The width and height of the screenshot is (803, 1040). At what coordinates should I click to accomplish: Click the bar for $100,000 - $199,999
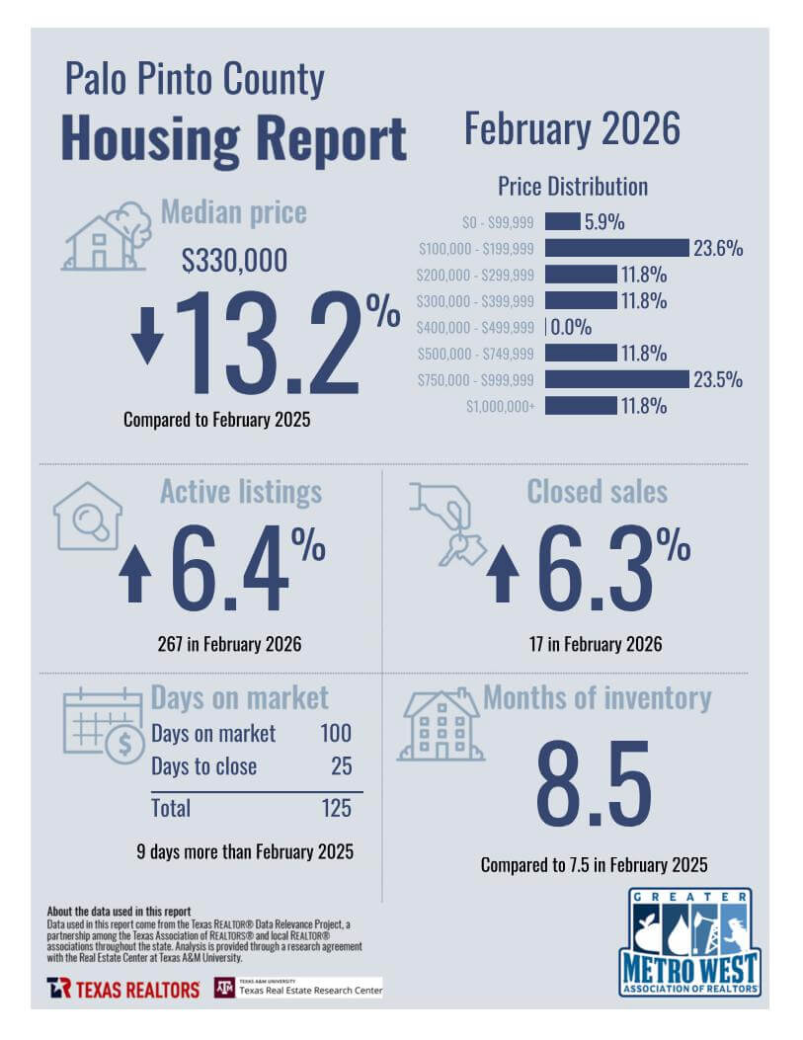pos(616,248)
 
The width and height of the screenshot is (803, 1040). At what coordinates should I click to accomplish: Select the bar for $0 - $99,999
pos(562,221)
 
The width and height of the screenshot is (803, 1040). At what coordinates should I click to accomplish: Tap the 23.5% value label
pos(717,379)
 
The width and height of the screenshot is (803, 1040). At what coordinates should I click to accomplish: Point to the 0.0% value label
pos(570,327)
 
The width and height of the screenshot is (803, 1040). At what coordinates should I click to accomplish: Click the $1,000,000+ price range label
pos(500,406)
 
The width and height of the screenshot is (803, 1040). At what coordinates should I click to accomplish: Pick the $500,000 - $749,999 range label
pos(475,354)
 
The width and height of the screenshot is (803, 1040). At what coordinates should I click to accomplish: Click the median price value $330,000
pos(234,260)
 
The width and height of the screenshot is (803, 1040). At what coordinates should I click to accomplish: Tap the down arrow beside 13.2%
pos(146,336)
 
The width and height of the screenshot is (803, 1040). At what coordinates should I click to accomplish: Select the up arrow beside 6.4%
pos(135,574)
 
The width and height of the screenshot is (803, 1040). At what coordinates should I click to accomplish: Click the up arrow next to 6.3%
pos(503,574)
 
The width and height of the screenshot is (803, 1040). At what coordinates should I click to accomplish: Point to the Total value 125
pos(336,808)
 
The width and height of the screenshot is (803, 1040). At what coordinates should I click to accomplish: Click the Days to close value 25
pos(342,766)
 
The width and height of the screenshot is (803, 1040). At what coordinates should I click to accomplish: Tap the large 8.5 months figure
pos(594,784)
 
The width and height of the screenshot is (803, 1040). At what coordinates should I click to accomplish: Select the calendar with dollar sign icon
pos(104,726)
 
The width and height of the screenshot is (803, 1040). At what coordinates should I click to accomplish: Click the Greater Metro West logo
pos(689,942)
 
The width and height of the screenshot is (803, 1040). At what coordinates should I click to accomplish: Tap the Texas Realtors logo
pos(122,989)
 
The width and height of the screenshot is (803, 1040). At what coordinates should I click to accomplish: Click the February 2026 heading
pos(572,128)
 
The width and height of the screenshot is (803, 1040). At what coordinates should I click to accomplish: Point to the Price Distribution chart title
pos(573,187)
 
